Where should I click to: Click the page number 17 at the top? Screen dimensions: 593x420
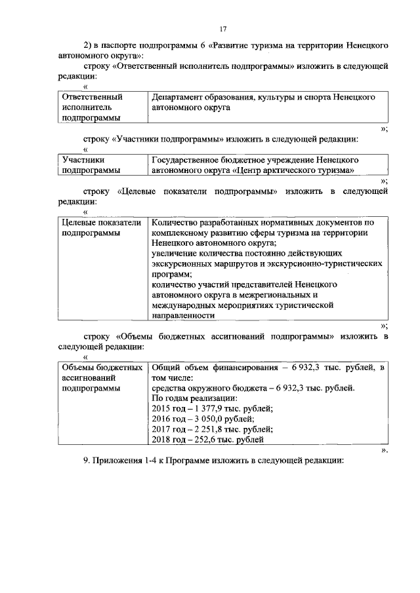[x=223, y=29]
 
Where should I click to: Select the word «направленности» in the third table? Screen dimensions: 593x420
[x=183, y=315]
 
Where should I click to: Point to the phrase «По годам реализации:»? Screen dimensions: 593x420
[x=194, y=398]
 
